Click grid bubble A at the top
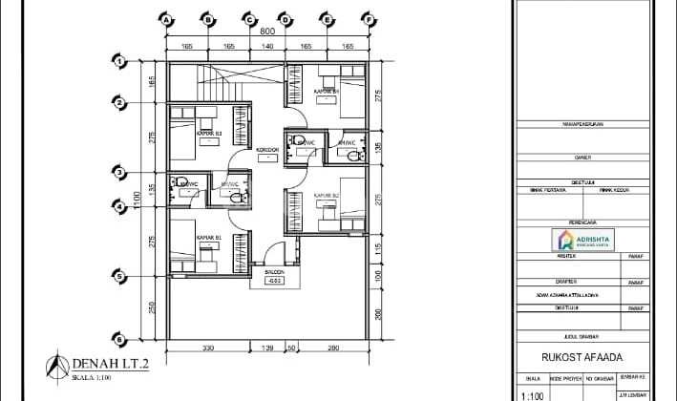(167, 18)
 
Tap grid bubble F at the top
(368, 18)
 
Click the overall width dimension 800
(268, 30)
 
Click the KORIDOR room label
(267, 151)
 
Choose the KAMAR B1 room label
(208, 236)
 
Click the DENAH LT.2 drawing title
(105, 364)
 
